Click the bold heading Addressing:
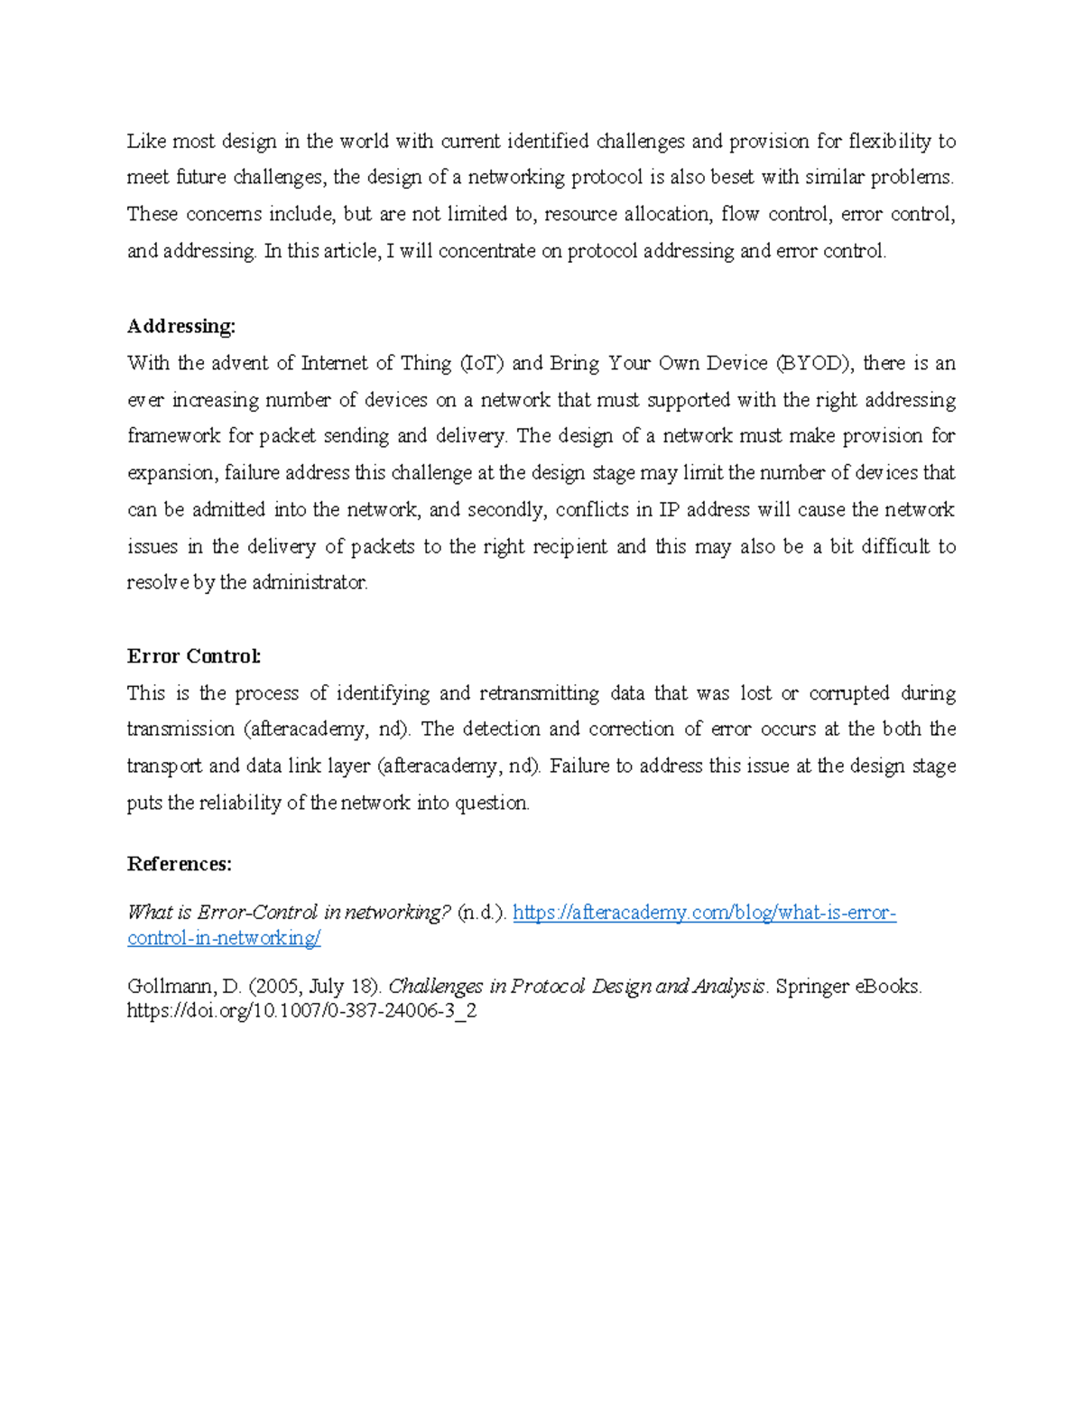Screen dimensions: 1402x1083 point(180,326)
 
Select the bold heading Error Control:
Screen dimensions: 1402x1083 point(194,656)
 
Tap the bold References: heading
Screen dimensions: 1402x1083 point(179,864)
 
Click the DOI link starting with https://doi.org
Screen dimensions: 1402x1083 point(301,1011)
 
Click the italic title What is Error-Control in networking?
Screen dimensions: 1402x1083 point(288,913)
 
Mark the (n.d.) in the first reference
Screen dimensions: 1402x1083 point(483,913)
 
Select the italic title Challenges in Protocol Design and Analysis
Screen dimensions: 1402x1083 point(577,986)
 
